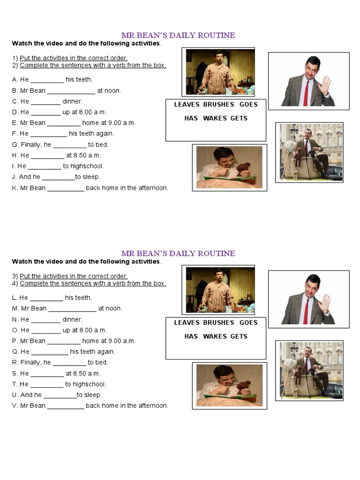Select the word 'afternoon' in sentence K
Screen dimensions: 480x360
tap(152, 188)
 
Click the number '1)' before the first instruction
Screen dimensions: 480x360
tap(15, 58)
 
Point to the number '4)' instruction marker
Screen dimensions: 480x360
tap(15, 283)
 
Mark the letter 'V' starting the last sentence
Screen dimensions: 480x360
tap(14, 405)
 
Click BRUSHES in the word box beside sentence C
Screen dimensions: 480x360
tap(218, 105)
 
